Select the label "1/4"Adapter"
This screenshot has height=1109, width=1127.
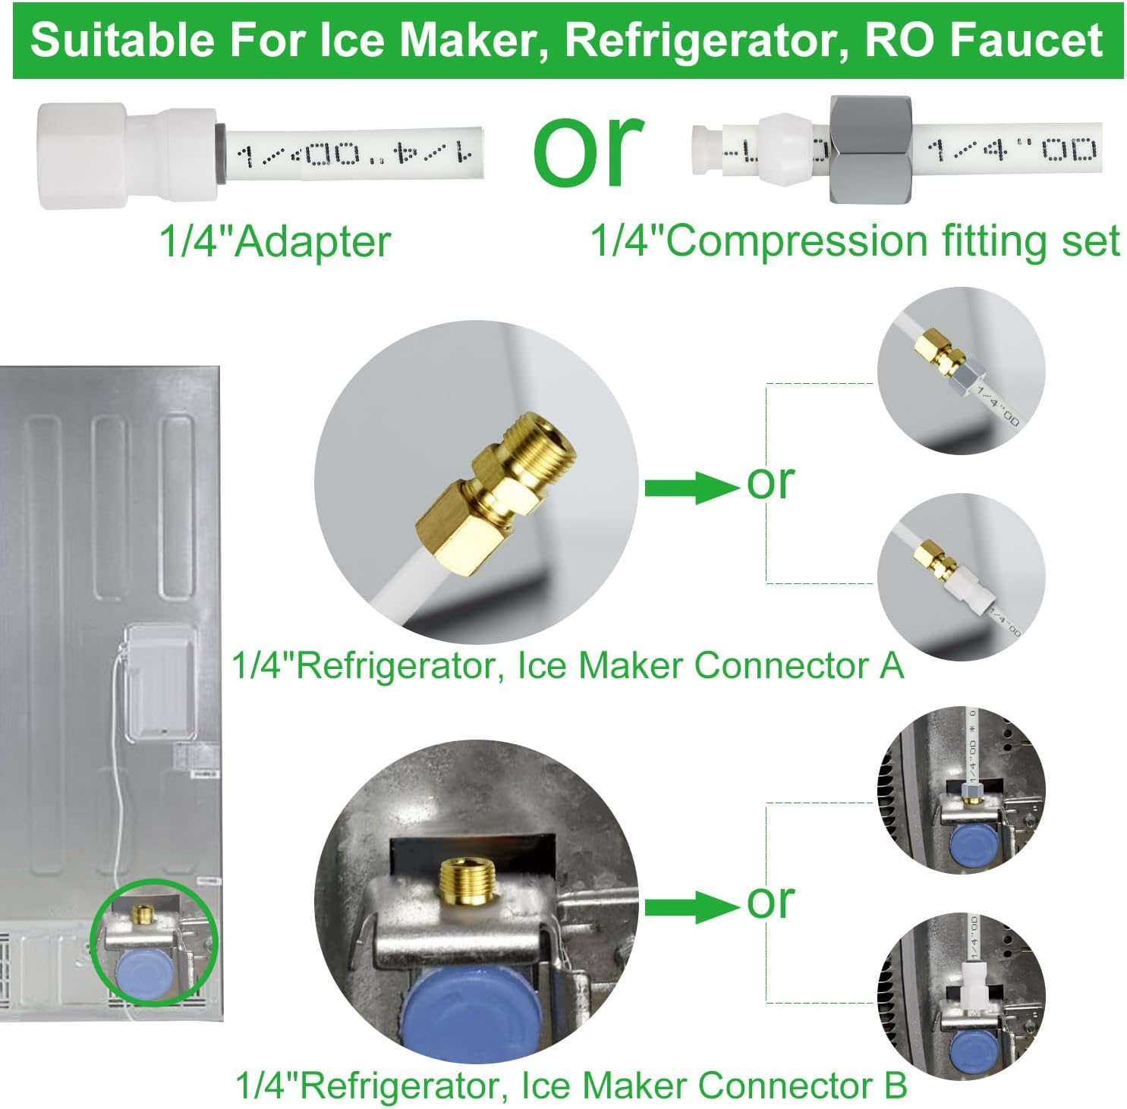[274, 242]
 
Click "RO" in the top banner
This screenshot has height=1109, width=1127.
[899, 40]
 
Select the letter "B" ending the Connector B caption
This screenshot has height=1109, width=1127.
[896, 1085]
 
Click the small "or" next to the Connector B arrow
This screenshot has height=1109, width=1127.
[770, 901]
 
